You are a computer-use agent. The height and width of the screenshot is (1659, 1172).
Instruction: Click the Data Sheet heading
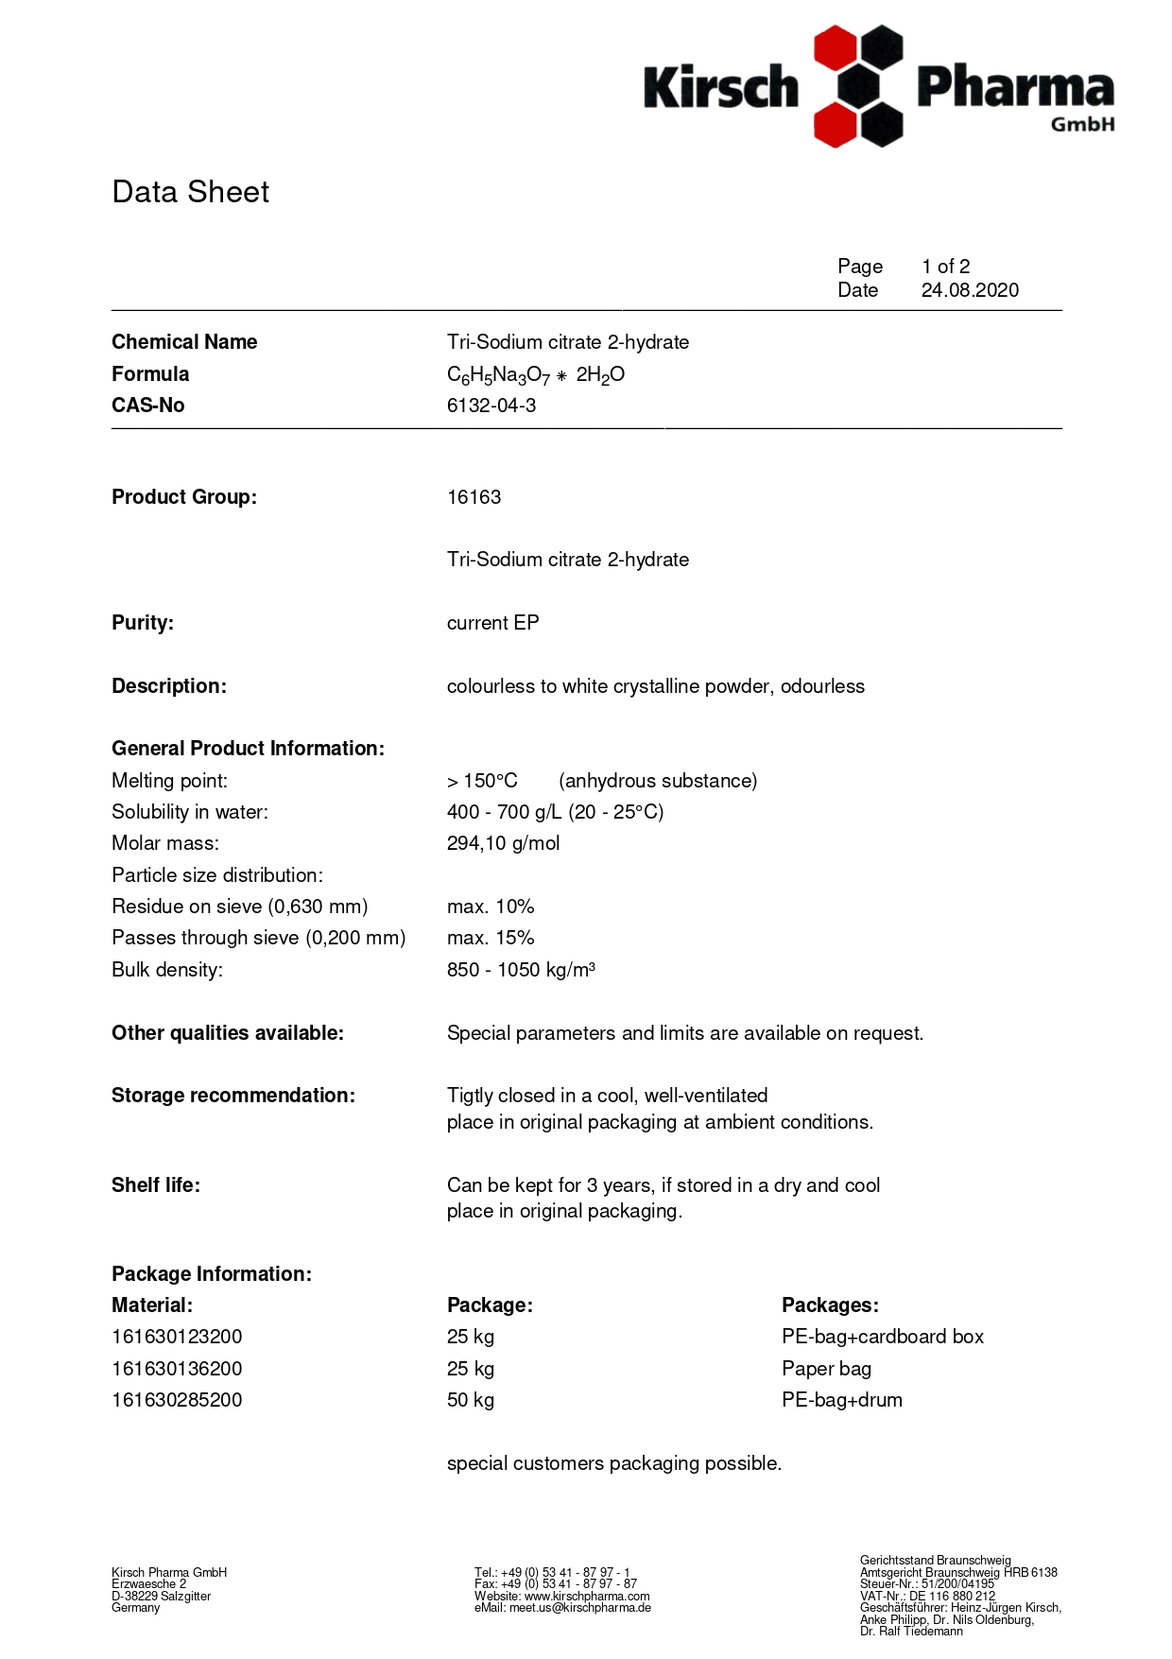[190, 192]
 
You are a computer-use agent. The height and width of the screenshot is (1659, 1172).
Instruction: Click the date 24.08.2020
[970, 290]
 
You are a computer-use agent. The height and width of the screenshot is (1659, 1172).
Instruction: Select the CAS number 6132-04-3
[491, 406]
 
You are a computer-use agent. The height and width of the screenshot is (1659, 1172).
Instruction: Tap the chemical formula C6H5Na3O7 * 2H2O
[535, 375]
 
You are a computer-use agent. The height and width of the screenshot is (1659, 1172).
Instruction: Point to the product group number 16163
[474, 497]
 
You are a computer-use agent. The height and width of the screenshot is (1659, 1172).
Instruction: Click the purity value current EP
[492, 623]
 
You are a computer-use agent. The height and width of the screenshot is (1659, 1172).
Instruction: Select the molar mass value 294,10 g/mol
[503, 843]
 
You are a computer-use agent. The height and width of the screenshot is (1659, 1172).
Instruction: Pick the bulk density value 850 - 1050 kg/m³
[521, 970]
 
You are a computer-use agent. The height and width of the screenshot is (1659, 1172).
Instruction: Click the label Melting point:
[169, 781]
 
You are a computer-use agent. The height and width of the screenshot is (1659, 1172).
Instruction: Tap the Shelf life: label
[156, 1185]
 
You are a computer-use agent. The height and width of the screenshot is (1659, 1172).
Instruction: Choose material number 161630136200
[177, 1369]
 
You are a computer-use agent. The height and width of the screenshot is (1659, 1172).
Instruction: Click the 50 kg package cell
[471, 1400]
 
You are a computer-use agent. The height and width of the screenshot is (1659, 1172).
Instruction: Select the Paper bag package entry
[826, 1369]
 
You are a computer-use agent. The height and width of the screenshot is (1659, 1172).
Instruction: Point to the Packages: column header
[830, 1305]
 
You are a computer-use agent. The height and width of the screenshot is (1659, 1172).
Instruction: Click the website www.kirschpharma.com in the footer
[587, 1596]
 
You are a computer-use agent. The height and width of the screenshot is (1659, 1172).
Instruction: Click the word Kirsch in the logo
[721, 88]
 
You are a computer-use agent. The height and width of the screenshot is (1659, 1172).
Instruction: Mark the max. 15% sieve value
[491, 938]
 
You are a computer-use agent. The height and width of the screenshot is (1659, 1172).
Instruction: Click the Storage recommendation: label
[233, 1096]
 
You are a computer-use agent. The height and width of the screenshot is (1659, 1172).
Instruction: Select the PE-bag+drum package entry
[841, 1400]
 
